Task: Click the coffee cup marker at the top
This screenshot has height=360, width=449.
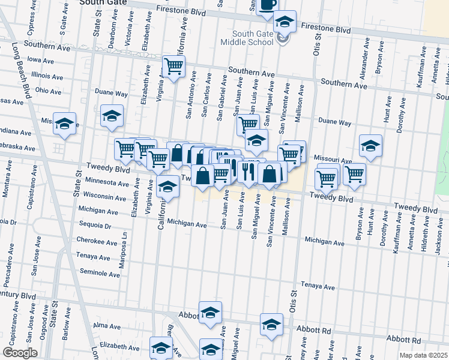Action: pyautogui.click(x=267, y=5)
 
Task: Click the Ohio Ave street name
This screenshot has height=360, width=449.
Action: pyautogui.click(x=48, y=90)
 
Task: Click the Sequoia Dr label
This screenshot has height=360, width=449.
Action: pyautogui.click(x=95, y=226)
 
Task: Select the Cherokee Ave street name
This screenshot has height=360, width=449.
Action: pyautogui.click(x=98, y=241)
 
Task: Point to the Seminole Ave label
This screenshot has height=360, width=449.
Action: pyautogui.click(x=100, y=274)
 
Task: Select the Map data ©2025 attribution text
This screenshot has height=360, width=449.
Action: pyautogui.click(x=423, y=355)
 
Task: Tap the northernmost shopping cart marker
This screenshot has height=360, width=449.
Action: pyautogui.click(x=173, y=66)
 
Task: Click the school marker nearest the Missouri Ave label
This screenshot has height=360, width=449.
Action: pyautogui.click(x=370, y=145)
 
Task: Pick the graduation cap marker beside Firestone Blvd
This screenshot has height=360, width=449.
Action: pyautogui.click(x=284, y=22)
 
